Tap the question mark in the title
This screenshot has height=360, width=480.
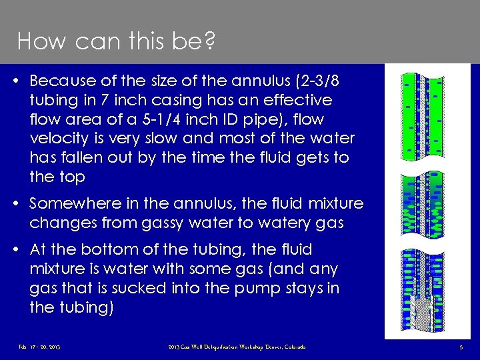pos(209,42)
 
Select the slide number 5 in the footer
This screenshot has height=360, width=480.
pos(462,347)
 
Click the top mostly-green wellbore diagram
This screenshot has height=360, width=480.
pos(423,117)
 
